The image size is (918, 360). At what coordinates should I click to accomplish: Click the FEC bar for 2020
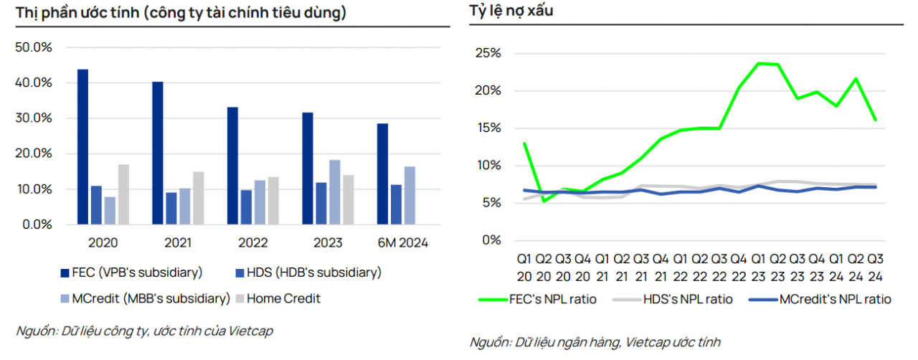coord(83,147)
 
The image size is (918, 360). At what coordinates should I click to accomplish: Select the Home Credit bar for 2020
coord(124,194)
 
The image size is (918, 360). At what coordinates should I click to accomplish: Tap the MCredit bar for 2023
coord(335,192)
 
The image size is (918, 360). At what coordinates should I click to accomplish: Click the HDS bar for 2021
coord(171,208)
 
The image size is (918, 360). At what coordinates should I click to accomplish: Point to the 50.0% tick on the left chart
coord(34,47)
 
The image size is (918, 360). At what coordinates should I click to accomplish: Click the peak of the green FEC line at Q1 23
coord(759,63)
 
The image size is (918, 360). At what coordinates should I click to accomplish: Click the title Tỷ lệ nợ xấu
coord(511,11)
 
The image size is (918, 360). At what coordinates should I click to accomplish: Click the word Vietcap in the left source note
coord(251,331)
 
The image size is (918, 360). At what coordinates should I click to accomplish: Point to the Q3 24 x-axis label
coord(876,267)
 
